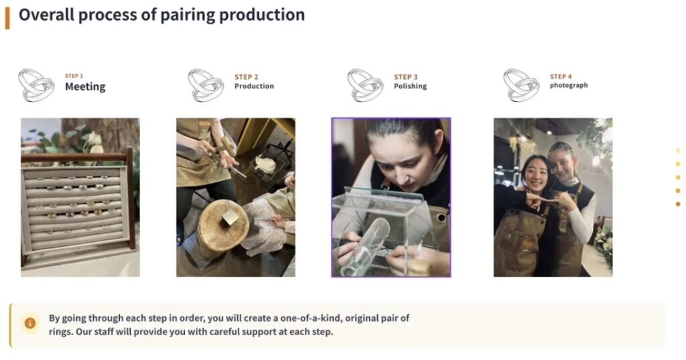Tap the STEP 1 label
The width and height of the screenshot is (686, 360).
tap(74, 76)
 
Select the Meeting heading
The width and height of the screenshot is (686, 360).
tap(85, 86)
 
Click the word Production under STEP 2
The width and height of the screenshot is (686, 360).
tap(254, 86)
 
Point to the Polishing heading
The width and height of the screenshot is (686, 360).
tap(410, 86)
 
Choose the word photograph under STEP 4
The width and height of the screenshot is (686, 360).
tap(569, 85)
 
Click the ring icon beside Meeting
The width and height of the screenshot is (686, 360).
tap(36, 85)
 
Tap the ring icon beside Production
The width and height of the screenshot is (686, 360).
tap(206, 85)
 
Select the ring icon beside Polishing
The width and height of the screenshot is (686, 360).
tap(365, 85)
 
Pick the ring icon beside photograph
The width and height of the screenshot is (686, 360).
tap(521, 85)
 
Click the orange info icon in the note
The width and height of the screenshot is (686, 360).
tap(29, 324)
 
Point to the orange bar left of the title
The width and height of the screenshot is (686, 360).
tap(7, 18)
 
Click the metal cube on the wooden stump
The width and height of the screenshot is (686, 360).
tap(230, 218)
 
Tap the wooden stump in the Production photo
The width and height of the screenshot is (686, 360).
tap(222, 228)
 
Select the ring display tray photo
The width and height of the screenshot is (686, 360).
tap(80, 197)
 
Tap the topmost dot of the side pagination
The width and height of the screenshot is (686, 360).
tap(678, 151)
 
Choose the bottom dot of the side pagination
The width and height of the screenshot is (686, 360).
tap(678, 204)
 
